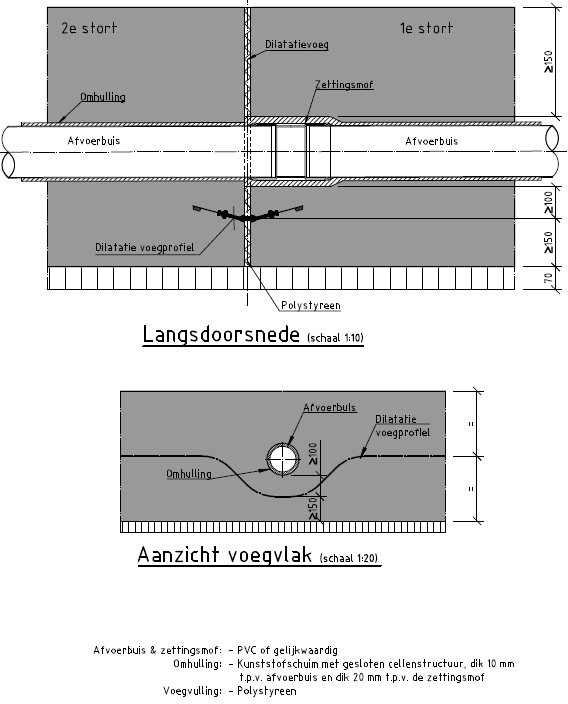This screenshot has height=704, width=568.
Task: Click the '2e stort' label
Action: coord(89,28)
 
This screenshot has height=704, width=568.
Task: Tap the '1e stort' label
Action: coord(427,28)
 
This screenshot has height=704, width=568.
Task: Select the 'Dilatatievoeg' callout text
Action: coord(297,44)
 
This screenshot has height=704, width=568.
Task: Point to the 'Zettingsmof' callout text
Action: coord(344,84)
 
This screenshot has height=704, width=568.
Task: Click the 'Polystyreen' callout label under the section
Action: coord(311,305)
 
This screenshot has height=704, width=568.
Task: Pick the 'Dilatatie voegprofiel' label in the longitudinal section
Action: coord(145,247)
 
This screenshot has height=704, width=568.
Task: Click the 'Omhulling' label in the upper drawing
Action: coord(103,97)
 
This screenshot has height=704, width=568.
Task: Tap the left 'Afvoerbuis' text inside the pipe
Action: coord(94,141)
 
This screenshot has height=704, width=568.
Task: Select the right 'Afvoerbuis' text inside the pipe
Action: coord(432,141)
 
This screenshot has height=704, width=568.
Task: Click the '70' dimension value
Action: coord(548,278)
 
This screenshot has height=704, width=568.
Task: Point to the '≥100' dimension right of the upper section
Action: coord(548,202)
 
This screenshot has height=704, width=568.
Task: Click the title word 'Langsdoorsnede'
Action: coord(221,334)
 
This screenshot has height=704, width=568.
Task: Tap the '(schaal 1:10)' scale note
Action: coord(335,338)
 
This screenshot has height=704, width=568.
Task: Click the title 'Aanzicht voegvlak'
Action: coord(225,554)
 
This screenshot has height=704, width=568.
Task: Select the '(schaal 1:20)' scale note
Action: coord(349,558)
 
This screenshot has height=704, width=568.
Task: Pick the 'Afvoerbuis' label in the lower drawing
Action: coord(330,408)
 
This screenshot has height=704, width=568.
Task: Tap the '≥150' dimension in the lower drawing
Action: coord(313,508)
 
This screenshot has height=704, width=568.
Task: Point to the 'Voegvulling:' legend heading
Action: coord(192,691)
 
